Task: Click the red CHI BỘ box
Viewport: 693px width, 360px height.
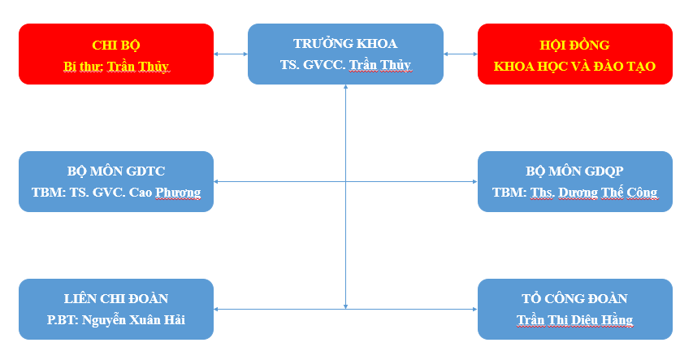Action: coord(116,54)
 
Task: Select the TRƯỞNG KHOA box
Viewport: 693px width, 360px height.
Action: coord(345,54)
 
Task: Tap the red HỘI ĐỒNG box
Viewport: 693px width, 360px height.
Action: coord(575,54)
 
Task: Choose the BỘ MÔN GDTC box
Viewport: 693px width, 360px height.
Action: coord(116,181)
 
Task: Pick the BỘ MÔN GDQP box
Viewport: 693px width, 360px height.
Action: coord(575,181)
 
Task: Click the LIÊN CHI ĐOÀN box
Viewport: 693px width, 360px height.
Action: coord(116,309)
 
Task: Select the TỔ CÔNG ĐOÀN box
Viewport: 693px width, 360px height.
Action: coord(575,309)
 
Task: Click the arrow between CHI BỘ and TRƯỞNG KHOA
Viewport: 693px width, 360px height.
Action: coord(231,54)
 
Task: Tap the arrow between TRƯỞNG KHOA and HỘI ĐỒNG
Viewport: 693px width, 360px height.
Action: coord(461,54)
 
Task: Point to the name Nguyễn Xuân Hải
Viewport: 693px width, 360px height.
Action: coord(133,320)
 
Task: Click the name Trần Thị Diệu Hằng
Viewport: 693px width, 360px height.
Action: coord(575,320)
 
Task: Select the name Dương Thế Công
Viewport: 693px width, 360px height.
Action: coord(609,193)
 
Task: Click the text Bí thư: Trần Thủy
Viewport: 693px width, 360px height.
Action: coord(116,67)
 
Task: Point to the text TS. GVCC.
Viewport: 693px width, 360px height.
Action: coord(313,65)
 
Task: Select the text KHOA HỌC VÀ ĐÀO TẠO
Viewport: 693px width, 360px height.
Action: coord(574,67)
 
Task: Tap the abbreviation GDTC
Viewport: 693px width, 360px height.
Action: coord(145,171)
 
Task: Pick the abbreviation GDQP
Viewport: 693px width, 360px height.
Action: coord(604,171)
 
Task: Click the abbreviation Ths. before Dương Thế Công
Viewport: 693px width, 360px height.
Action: coord(542,193)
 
